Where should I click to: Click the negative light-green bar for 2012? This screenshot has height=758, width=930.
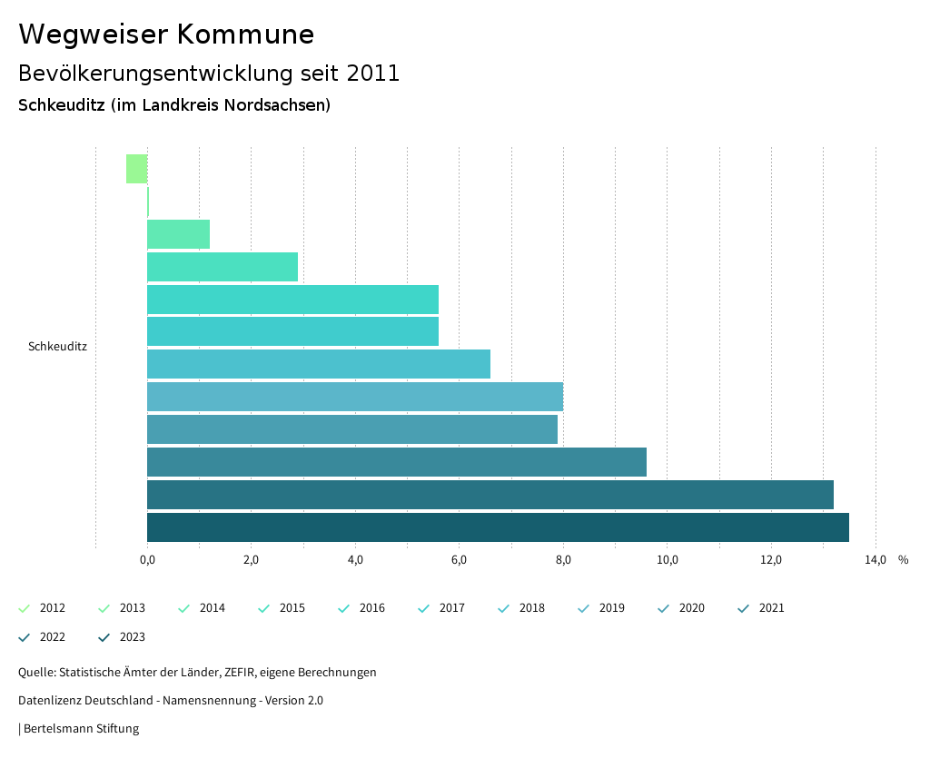(137, 169)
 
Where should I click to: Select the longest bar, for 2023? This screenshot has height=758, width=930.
(498, 527)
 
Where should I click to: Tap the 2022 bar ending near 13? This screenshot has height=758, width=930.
(490, 495)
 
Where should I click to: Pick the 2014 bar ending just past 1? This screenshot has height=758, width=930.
(178, 234)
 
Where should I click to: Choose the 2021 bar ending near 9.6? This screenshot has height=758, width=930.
(397, 462)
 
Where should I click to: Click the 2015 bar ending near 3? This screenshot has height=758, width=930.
(223, 267)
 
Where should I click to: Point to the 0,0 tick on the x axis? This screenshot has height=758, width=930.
(147, 559)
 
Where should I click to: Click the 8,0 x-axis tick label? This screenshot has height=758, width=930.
(563, 559)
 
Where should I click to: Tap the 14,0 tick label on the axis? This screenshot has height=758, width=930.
(875, 559)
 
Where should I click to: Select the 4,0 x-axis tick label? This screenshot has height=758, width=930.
(355, 559)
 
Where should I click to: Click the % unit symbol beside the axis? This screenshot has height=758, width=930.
(903, 559)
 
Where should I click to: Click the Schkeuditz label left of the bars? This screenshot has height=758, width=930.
(57, 347)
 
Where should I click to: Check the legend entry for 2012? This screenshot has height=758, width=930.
(42, 608)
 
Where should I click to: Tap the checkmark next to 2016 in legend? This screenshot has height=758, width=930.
(344, 608)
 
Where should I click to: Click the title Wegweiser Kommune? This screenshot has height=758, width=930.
(166, 34)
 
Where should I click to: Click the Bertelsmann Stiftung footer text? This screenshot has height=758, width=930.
(80, 729)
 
